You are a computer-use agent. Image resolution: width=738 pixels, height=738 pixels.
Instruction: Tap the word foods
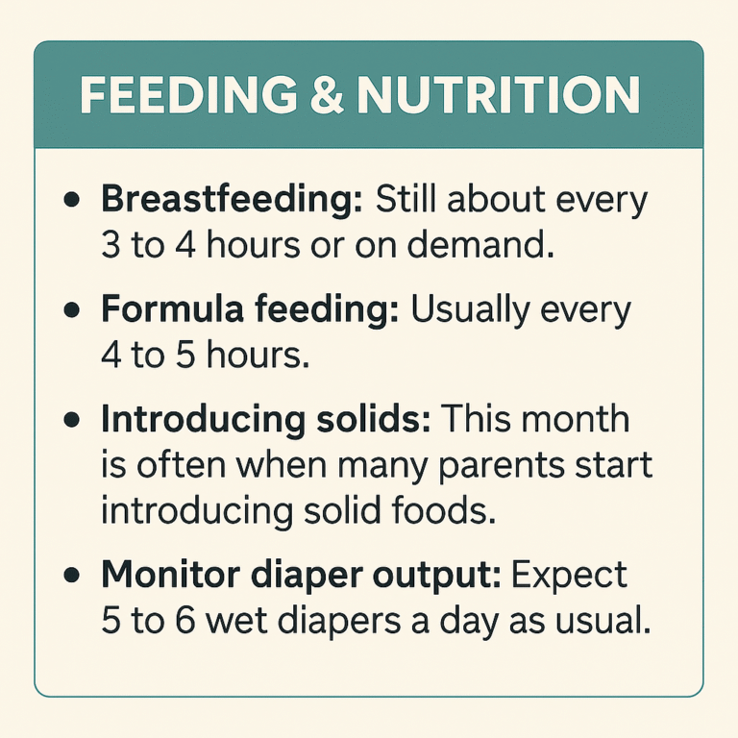point(452,509)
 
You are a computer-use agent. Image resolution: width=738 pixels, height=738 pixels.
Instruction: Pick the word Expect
point(570,577)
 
